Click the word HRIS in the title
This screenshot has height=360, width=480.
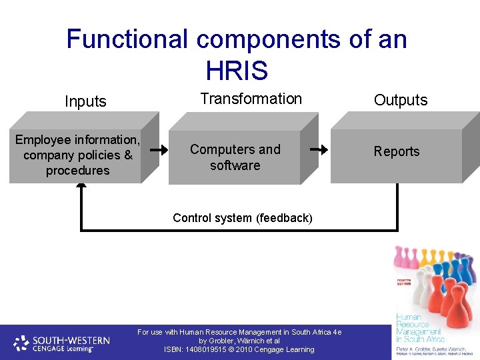237,70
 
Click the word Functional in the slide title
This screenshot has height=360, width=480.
127,39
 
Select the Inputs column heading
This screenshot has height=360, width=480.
85,101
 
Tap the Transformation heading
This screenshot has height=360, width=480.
251,99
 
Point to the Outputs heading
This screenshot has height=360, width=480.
400,100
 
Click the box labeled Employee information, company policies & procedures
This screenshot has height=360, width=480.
77,155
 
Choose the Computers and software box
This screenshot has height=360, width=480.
235,157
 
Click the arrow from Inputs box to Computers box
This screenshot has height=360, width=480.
158,150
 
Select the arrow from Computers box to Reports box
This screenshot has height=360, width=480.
320,150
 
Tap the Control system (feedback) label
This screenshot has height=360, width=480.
242,217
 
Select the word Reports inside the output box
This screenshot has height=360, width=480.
397,151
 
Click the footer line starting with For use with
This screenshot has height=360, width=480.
239,331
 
